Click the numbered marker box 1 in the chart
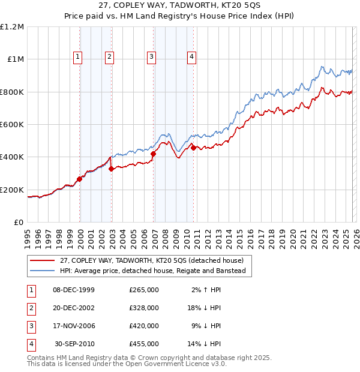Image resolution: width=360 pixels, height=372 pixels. click(78, 57)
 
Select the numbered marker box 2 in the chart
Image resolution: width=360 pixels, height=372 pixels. click(110, 57)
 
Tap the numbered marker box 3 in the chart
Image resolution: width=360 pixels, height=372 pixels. click(151, 57)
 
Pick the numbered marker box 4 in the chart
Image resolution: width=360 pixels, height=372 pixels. click(191, 57)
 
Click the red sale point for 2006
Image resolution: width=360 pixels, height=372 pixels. click(153, 154)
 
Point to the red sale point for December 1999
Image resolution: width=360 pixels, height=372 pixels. click(80, 179)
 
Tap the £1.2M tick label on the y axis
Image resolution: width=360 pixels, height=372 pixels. click(12, 27)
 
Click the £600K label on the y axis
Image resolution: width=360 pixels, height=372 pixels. click(12, 125)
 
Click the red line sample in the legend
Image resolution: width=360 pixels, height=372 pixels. click(43, 261)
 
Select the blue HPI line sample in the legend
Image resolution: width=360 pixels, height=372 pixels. click(43, 271)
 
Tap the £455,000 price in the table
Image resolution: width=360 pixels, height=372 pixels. click(144, 344)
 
